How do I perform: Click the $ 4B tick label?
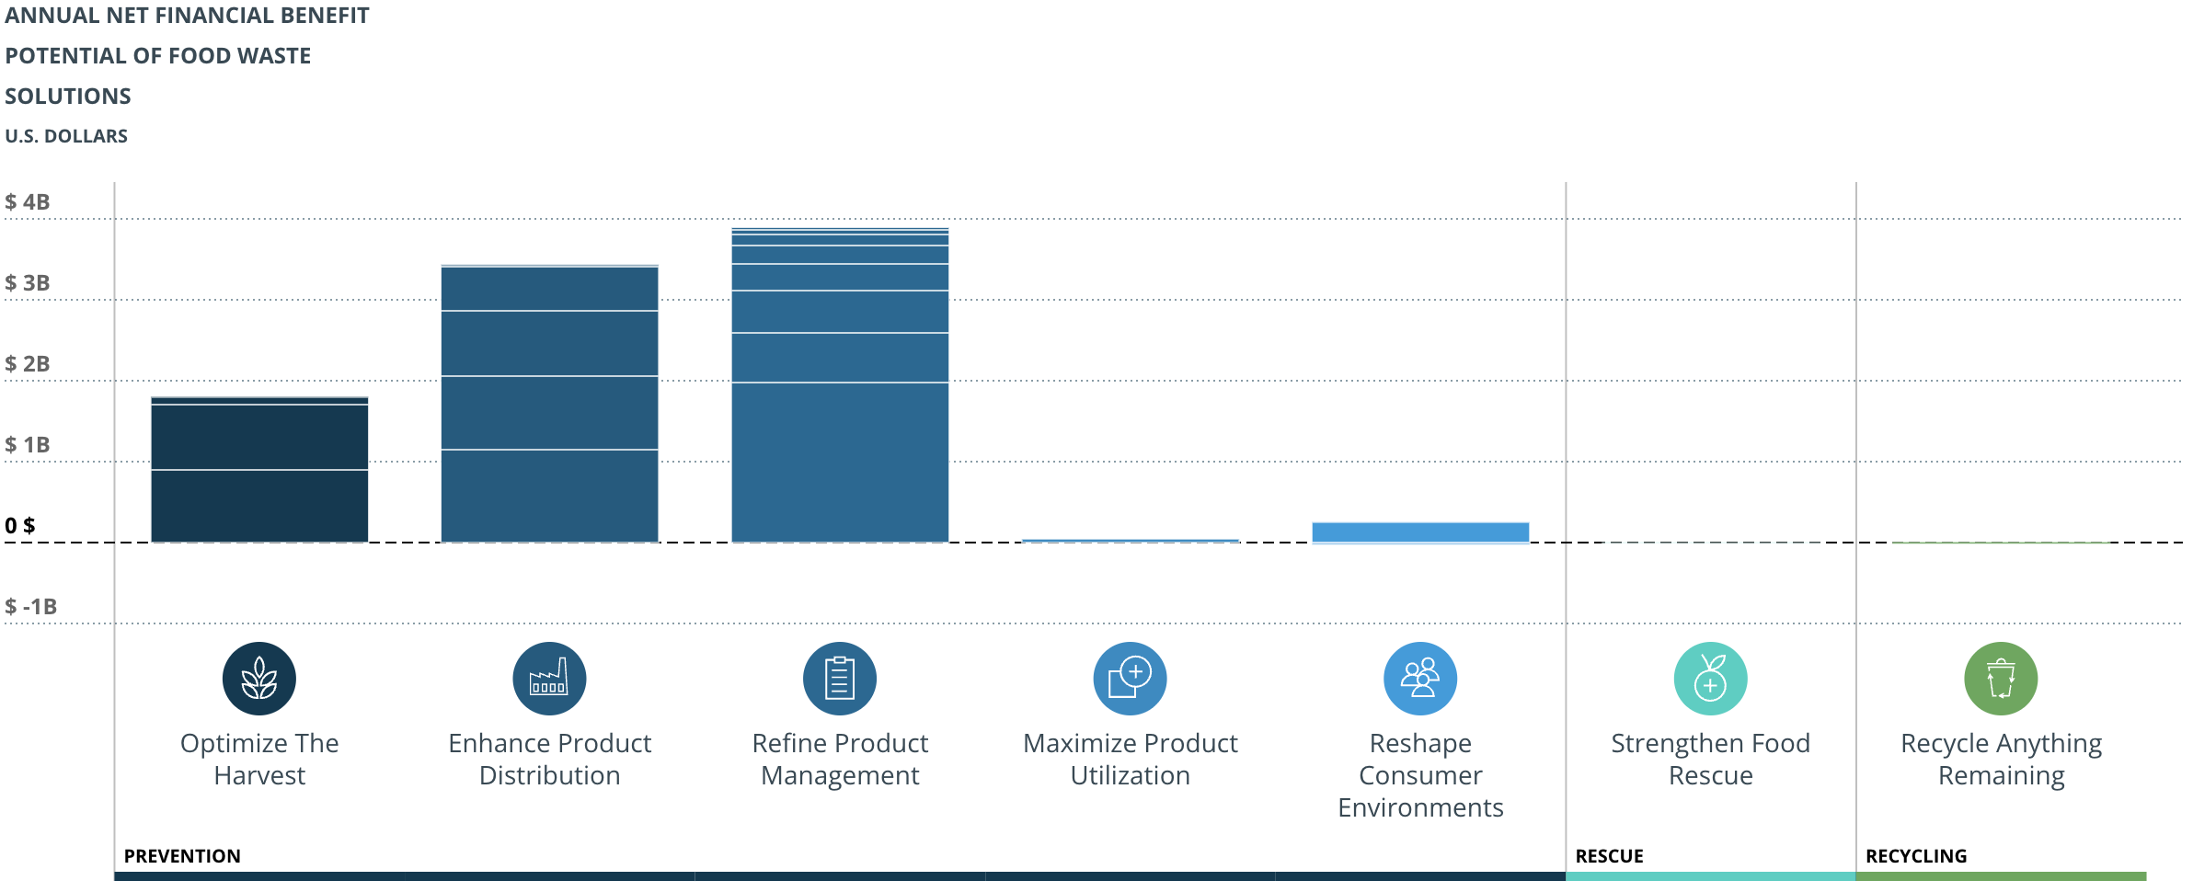[28, 202]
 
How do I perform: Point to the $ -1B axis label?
[31, 607]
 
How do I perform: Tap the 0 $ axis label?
[20, 526]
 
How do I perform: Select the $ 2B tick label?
[28, 364]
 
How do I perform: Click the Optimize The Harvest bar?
[259, 471]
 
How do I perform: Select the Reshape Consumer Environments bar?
[1420, 532]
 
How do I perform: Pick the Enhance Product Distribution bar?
[549, 405]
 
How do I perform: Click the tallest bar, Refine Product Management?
[840, 386]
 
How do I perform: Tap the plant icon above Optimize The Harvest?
[259, 679]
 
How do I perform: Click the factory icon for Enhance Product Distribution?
[549, 679]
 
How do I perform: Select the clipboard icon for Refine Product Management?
[840, 679]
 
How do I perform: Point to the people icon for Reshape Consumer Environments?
[1420, 679]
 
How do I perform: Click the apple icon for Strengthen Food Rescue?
[1710, 679]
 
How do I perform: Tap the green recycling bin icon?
[2001, 679]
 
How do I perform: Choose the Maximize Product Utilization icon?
[1130, 679]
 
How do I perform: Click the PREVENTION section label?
[182, 856]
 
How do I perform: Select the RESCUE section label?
[1609, 856]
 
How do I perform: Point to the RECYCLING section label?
[1916, 856]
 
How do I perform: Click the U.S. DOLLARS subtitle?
[66, 136]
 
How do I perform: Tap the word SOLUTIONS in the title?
[68, 97]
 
